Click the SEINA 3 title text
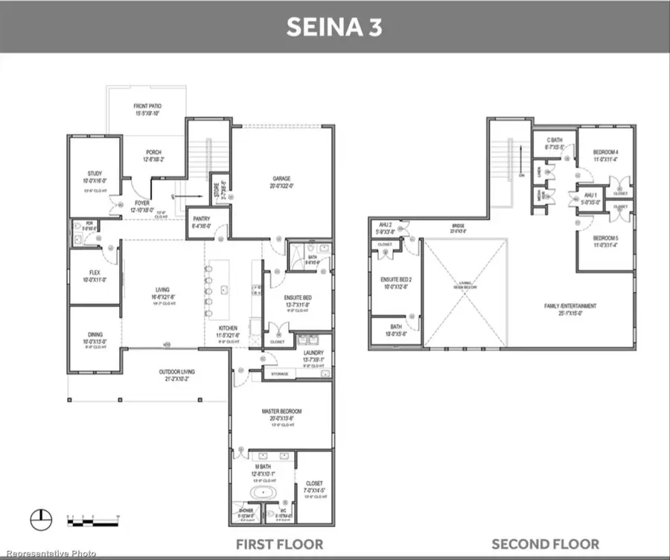coord(334,28)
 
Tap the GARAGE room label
coord(281,179)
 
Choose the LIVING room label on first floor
coord(162,290)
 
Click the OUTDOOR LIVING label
coord(177,372)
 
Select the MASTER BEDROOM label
coord(281,412)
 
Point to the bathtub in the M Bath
coord(261,493)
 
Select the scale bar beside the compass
coord(93,519)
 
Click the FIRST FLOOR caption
coord(279,544)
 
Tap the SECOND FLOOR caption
coord(545,544)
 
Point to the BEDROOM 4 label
coord(606,153)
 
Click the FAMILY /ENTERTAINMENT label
coord(569,306)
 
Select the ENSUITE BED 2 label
coord(395,280)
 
